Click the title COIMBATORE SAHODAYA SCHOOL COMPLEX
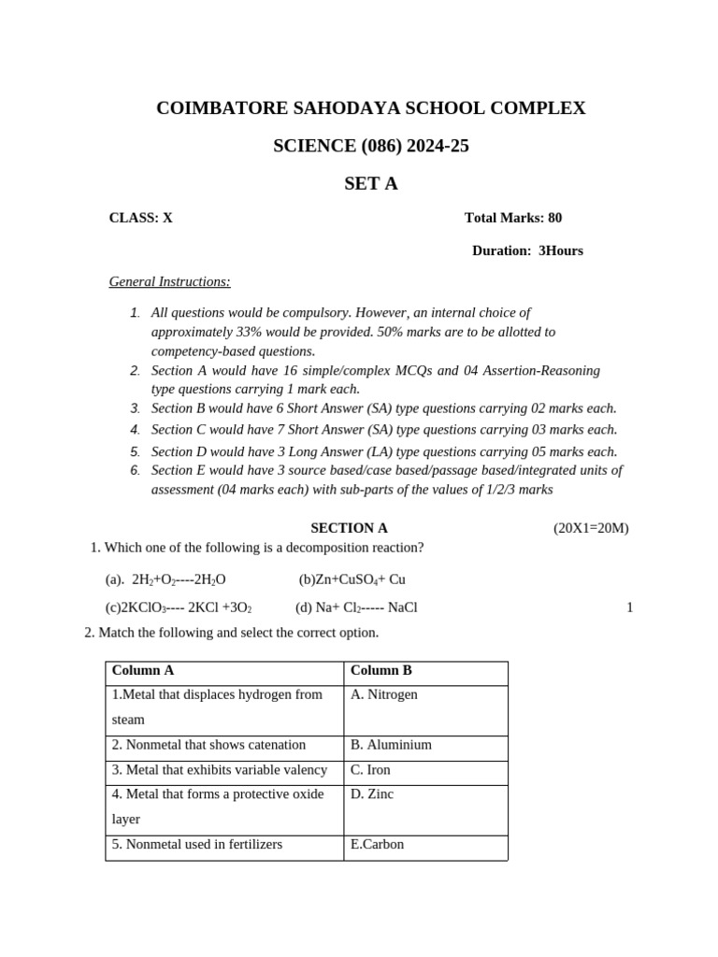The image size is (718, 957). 370,108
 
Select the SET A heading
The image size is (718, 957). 370,184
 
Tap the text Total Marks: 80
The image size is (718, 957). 513,218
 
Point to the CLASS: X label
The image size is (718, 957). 141,218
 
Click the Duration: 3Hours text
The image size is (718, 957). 527,250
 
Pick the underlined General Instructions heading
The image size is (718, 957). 169,281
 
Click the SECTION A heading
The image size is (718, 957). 349,528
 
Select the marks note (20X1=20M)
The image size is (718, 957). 591,528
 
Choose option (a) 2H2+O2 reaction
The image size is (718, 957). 165,579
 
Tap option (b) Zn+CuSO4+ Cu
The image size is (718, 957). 352,579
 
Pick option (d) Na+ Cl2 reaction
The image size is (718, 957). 356,607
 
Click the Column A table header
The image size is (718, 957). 143,670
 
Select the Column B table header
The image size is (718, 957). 381,670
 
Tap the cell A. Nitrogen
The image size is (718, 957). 384,694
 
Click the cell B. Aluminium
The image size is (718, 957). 391,745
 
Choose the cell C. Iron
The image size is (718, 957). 370,770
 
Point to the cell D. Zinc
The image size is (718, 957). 372,794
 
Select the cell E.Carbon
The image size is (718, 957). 378,845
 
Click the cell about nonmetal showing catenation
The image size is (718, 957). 208,745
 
